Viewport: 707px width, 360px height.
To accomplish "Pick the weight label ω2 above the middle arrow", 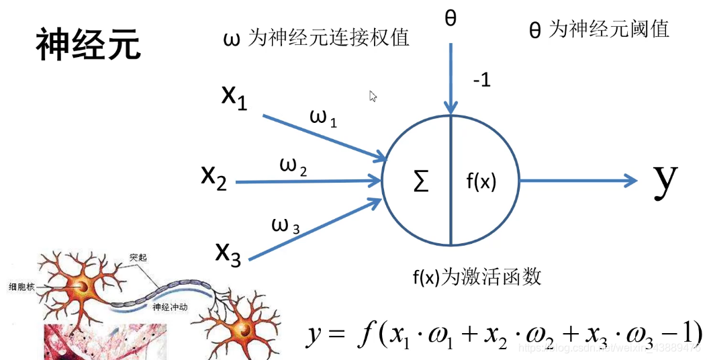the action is click(293, 165).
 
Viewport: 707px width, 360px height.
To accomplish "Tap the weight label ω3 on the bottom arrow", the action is click(285, 224).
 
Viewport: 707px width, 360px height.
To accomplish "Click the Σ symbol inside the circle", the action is click(421, 181).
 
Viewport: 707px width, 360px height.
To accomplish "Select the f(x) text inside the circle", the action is click(481, 181).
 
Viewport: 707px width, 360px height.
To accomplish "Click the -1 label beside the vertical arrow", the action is click(481, 81).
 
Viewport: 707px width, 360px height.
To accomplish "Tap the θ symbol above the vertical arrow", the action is click(451, 18).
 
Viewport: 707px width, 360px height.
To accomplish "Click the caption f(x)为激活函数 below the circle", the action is click(477, 277).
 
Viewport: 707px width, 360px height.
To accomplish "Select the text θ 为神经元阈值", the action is click(599, 29).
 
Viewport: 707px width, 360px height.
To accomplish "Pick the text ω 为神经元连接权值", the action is click(316, 38).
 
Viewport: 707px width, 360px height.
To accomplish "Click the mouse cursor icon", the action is click(373, 96).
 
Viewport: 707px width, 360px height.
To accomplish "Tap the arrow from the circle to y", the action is click(577, 180).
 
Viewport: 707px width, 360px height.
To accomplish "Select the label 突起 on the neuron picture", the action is click(138, 257).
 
